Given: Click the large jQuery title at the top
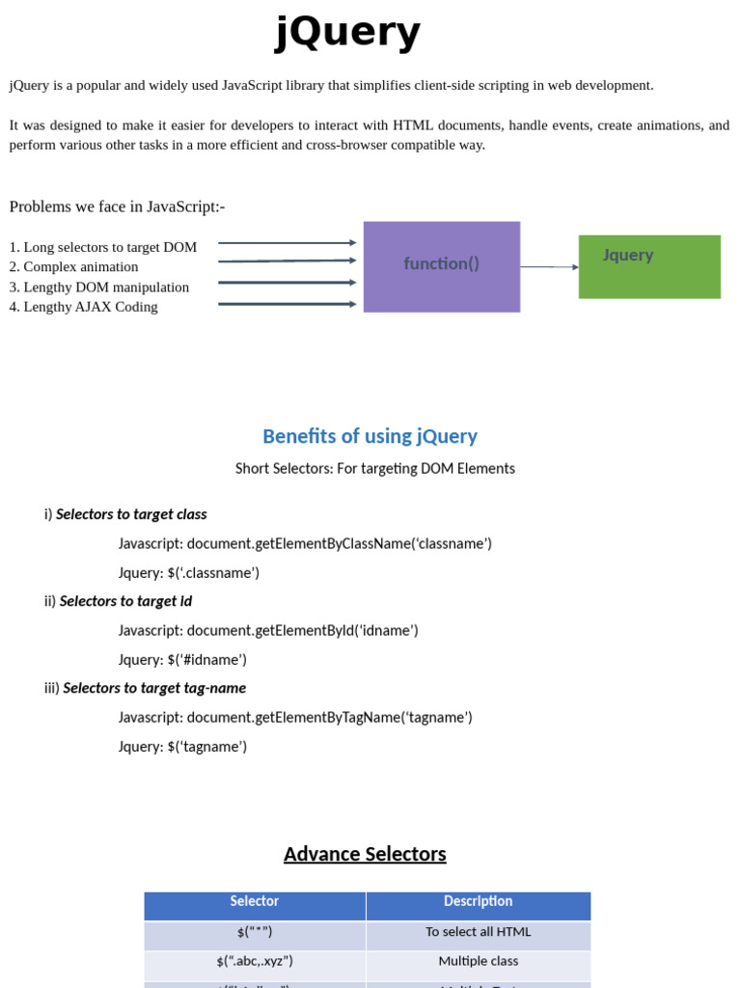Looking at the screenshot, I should click(348, 33).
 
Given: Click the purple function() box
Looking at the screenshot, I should click(441, 266).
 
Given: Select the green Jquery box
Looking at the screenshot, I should click(649, 266).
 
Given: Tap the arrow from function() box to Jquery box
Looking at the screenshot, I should click(549, 266).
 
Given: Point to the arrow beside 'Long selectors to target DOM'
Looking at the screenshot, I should click(287, 243).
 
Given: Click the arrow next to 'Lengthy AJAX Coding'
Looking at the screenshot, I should click(287, 304).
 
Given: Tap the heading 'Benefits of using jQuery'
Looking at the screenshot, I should click(370, 436).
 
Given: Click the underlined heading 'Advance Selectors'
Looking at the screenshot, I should click(365, 854).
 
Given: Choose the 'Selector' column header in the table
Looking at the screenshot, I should click(255, 901).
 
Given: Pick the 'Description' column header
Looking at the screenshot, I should click(478, 901).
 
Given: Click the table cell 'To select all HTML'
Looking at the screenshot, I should click(478, 932).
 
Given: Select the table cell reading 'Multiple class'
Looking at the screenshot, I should click(478, 961).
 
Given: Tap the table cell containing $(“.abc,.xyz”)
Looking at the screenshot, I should click(255, 961).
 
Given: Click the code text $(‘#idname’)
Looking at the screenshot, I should click(207, 660).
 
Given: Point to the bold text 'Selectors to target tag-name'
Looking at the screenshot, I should click(154, 688).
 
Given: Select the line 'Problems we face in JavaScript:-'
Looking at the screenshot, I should click(117, 206).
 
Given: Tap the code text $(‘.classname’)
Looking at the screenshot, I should click(213, 573).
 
